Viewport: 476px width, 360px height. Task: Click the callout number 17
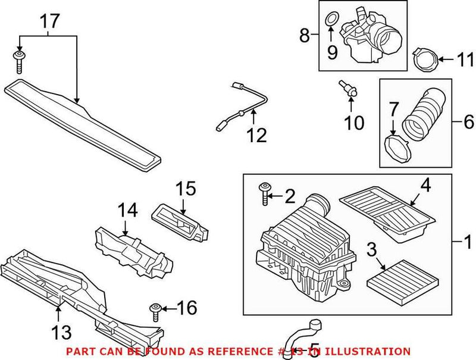pyautogui.click(x=50, y=22)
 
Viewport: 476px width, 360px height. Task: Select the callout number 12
pyautogui.click(x=257, y=136)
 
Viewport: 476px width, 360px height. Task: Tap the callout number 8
pyautogui.click(x=305, y=36)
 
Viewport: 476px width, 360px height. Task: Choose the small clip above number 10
pyautogui.click(x=347, y=89)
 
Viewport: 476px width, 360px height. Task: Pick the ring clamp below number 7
pyautogui.click(x=395, y=148)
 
